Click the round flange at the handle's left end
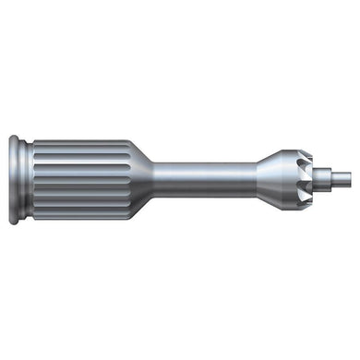(15, 180)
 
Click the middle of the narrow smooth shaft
(203, 180)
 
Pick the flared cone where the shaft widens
(268, 180)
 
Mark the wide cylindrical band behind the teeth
(289, 180)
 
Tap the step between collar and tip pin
(324, 180)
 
